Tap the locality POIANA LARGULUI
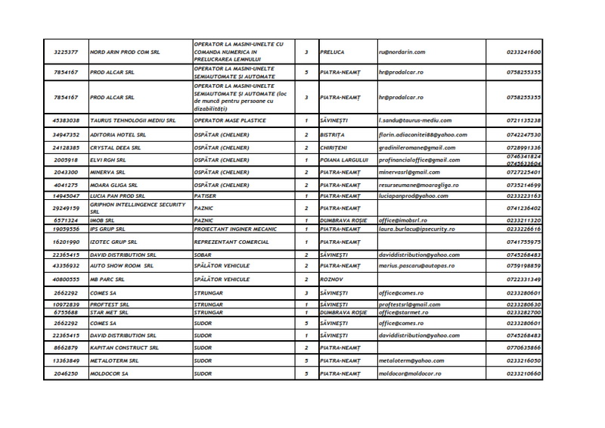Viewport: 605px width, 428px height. (x=344, y=160)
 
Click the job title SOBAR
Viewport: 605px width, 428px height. (x=203, y=255)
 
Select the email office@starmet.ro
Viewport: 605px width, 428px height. (x=409, y=312)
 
